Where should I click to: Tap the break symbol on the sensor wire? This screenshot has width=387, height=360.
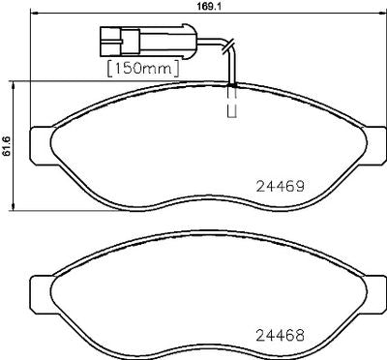click(x=227, y=45)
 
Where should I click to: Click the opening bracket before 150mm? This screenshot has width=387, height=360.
click(x=108, y=71)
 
